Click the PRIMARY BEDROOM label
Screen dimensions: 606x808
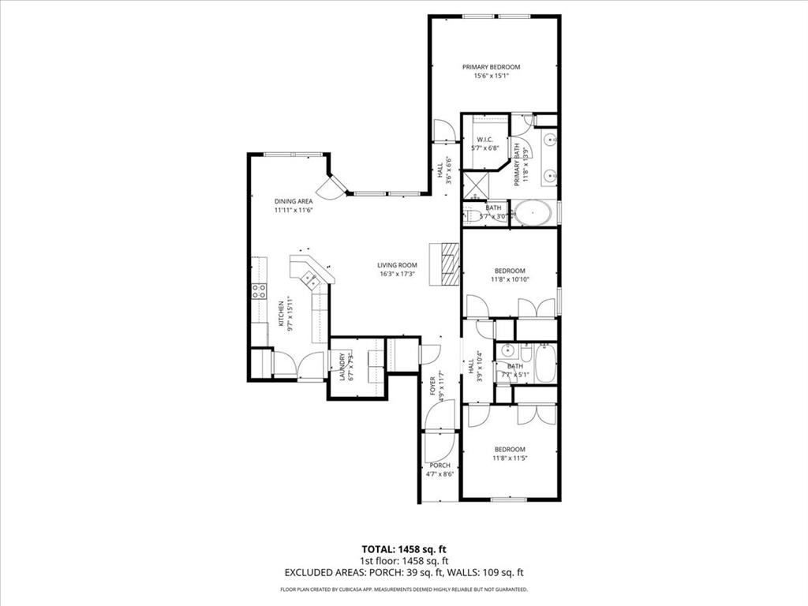(491, 67)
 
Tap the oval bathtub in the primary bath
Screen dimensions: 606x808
(533, 214)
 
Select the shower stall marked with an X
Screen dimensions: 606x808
(475, 185)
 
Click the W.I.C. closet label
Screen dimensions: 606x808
(484, 140)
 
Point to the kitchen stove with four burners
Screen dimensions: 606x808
(258, 291)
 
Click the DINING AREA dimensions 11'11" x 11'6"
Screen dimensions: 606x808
(294, 211)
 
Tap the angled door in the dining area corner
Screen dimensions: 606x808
(331, 187)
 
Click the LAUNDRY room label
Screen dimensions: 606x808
(342, 365)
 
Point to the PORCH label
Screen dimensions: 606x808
(440, 466)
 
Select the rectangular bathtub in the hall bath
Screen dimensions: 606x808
(545, 364)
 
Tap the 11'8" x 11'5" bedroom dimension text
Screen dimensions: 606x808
(510, 458)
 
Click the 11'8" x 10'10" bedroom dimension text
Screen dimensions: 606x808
(510, 279)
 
